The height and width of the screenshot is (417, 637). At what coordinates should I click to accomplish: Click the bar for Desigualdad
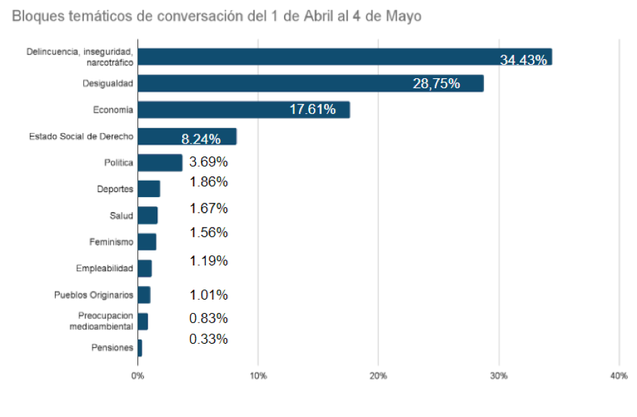pyautogui.click(x=310, y=83)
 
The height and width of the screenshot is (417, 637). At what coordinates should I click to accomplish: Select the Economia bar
pyautogui.click(x=243, y=110)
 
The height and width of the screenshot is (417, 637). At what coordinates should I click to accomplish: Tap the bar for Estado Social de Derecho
pyautogui.click(x=186, y=137)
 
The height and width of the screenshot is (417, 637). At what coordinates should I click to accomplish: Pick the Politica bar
pyautogui.click(x=159, y=162)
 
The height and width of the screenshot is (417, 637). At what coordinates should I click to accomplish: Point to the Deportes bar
pyautogui.click(x=149, y=189)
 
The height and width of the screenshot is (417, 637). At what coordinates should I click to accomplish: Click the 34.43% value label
pyautogui.click(x=523, y=60)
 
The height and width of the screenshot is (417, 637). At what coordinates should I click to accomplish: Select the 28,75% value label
pyautogui.click(x=436, y=84)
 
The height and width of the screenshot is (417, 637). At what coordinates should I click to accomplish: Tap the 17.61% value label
pyautogui.click(x=312, y=110)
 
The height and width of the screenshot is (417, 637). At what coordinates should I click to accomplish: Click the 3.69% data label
pyautogui.click(x=209, y=162)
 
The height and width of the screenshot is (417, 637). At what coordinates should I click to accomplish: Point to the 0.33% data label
pyautogui.click(x=209, y=339)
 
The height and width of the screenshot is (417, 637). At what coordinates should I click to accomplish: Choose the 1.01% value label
pyautogui.click(x=209, y=295)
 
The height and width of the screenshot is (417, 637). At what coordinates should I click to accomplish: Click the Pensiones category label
pyautogui.click(x=112, y=348)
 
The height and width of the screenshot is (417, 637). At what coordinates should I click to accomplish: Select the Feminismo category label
pyautogui.click(x=111, y=242)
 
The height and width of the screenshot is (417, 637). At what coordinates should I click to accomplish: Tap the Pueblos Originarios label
pyautogui.click(x=93, y=295)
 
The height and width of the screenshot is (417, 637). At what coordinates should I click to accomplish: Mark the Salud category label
pyautogui.click(x=121, y=216)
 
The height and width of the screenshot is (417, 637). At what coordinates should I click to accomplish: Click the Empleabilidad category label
pyautogui.click(x=104, y=268)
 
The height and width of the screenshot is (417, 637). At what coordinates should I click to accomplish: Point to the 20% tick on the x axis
pyautogui.click(x=379, y=376)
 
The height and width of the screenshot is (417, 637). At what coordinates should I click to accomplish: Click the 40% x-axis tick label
pyautogui.click(x=618, y=376)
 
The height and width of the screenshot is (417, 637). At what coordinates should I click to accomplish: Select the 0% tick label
pyautogui.click(x=137, y=376)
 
